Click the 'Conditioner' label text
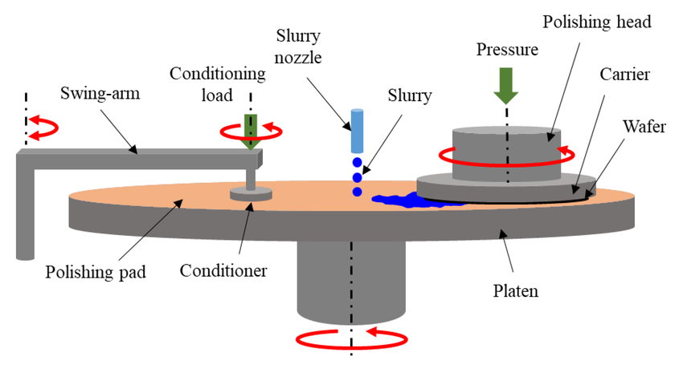223,271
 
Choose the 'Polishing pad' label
96,271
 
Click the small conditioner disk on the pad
251,193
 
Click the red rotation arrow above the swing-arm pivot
40,126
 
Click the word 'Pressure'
505,49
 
